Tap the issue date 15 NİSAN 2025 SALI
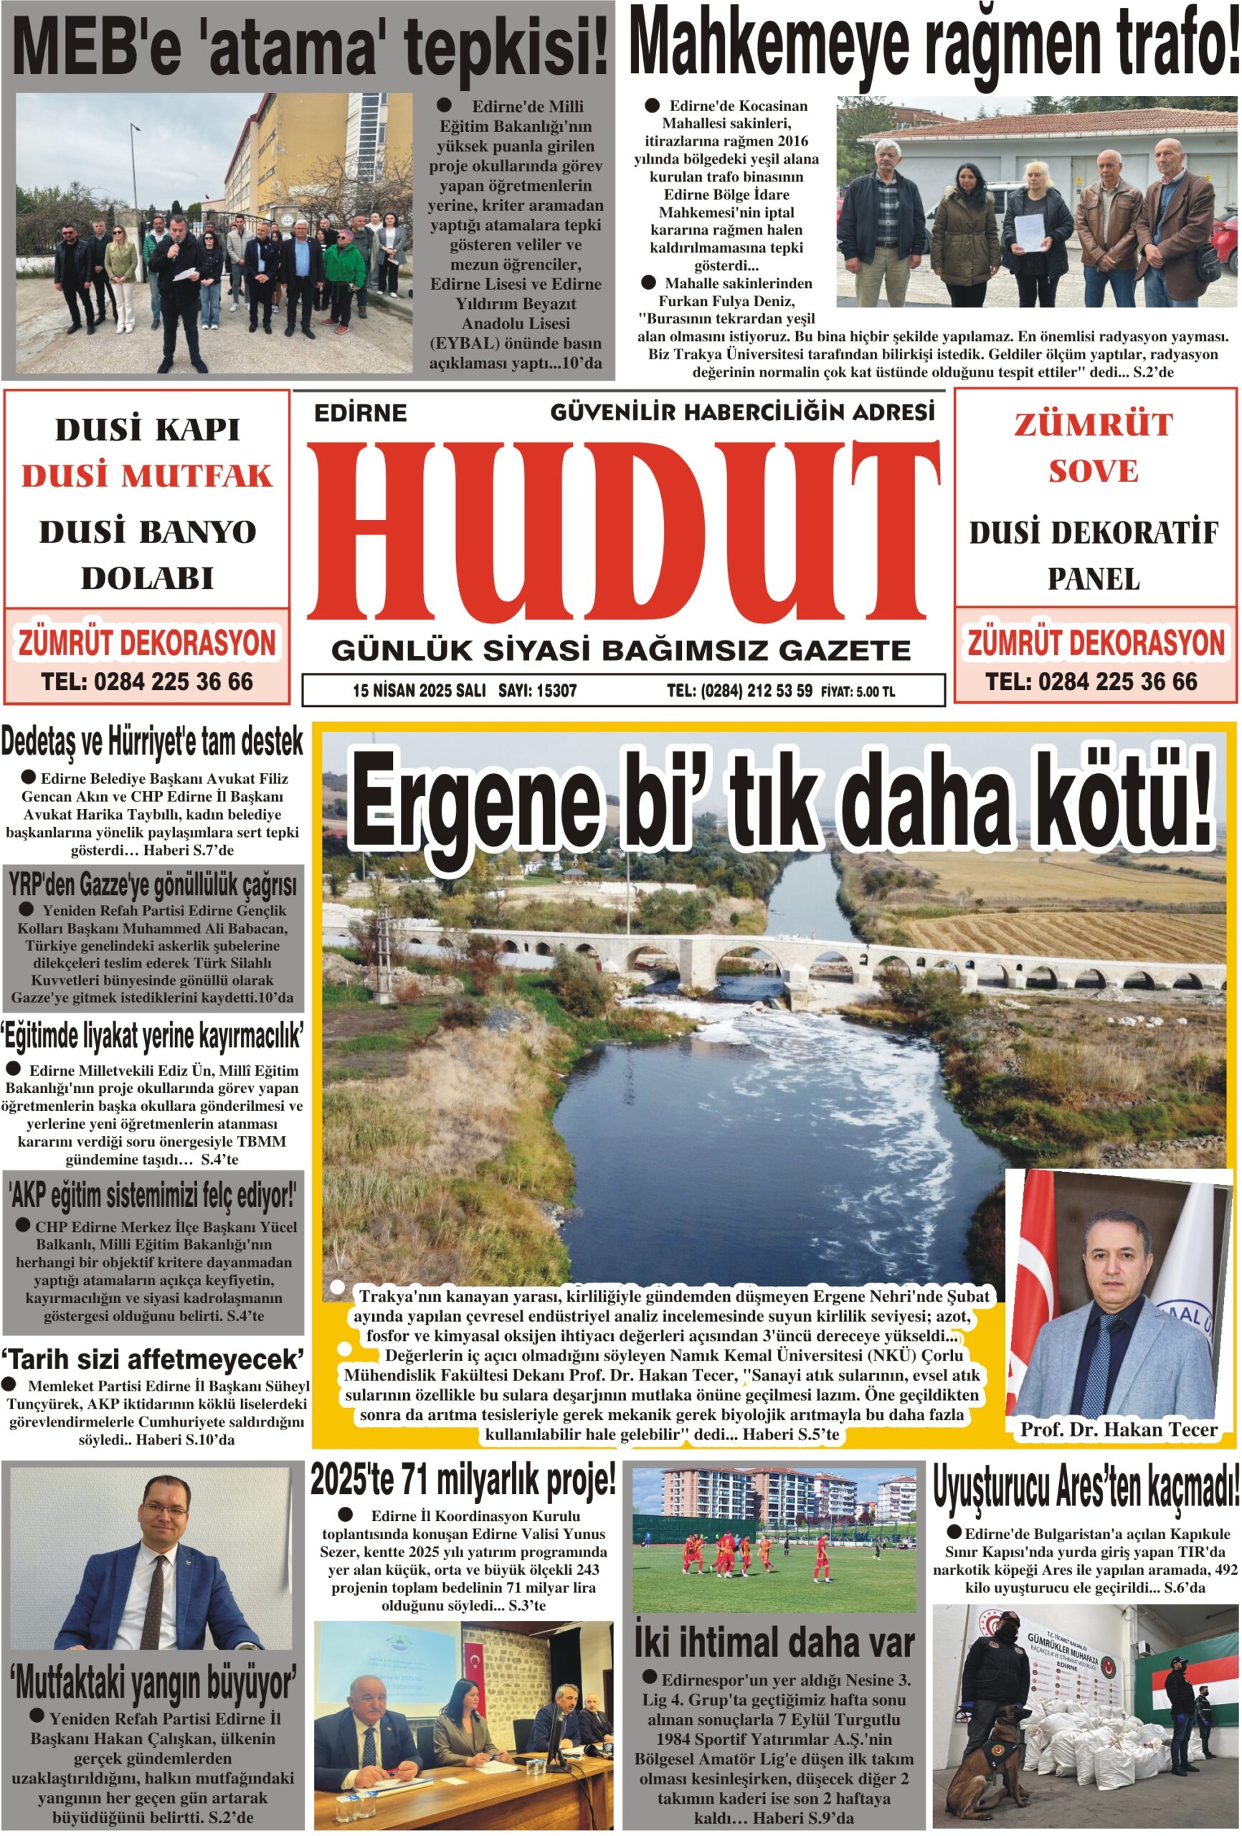point(419,691)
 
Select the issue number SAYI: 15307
point(536,691)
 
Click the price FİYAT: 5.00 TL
point(857,691)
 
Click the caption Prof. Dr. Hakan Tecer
point(1118,1429)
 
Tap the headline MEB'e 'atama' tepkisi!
point(310,46)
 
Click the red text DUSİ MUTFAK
point(147,476)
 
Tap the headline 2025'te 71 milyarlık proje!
point(463,1480)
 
